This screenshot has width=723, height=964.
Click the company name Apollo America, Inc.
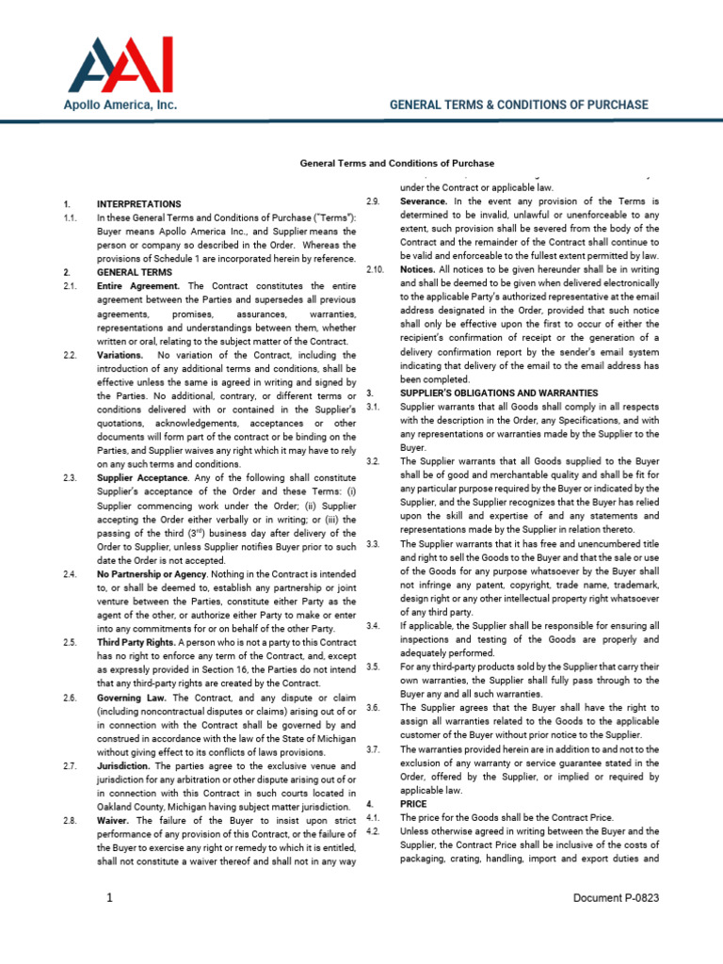120,105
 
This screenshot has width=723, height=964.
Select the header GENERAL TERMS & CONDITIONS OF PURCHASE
519,104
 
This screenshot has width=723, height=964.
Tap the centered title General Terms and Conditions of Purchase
396,163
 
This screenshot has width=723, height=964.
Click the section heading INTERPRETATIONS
138,203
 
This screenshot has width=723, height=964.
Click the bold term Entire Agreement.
139,285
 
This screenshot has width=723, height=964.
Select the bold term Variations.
120,355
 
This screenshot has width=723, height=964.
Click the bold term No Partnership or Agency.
155,573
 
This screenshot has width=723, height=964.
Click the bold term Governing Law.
130,698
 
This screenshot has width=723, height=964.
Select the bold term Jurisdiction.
124,765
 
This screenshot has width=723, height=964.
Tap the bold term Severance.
425,201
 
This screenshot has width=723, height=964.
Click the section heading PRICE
413,804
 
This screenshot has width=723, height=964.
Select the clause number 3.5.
373,667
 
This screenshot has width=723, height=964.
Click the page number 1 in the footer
110,898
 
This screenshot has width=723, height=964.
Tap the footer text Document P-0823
616,898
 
